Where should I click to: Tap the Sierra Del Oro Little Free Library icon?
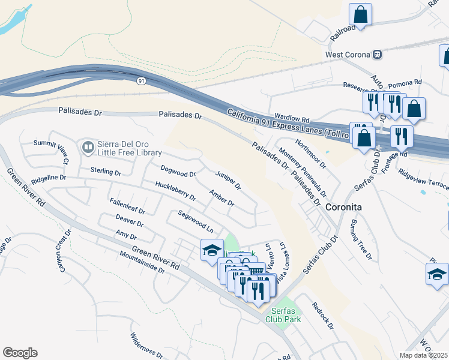[x=88, y=146]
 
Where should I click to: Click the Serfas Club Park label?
[x=285, y=315]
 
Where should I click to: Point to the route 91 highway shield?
[x=139, y=82]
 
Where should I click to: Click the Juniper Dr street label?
[x=228, y=178]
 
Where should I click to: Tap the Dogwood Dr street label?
[x=178, y=171]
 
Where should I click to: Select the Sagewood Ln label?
[x=196, y=221]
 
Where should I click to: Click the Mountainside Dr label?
[x=142, y=262]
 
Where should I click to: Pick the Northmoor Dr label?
[x=310, y=152]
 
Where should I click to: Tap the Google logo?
[x=20, y=352]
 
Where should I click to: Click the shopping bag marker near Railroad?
[x=360, y=14]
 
